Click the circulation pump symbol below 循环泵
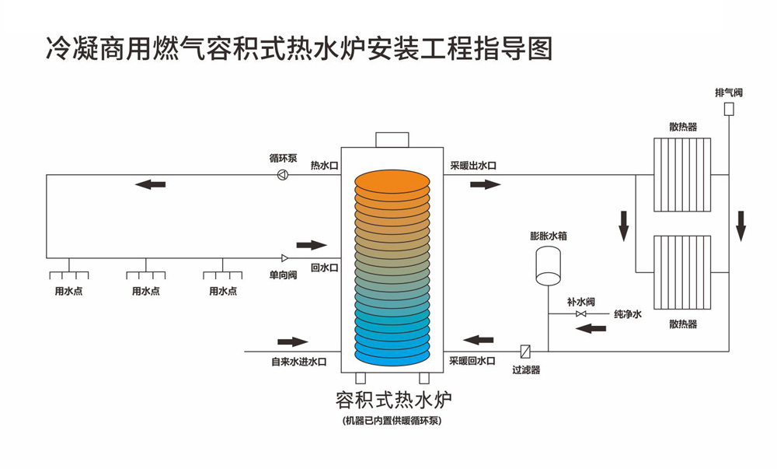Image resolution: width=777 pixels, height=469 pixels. click(282, 175)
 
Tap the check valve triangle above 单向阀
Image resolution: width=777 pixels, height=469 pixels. click(284, 257)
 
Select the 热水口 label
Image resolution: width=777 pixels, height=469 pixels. click(324, 166)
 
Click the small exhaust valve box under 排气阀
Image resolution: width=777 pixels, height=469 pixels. click(730, 109)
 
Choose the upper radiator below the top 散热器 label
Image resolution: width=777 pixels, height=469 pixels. click(682, 174)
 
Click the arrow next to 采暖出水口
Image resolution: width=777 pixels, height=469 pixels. click(486, 184)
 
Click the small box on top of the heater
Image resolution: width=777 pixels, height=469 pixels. click(392, 140)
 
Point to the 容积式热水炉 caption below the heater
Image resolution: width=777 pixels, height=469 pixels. click(392, 401)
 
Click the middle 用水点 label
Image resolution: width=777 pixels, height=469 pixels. click(146, 292)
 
